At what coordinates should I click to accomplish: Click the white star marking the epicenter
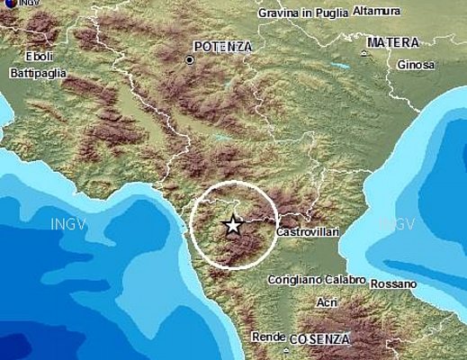click(x=232, y=225)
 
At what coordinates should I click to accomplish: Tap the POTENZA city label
click(x=222, y=46)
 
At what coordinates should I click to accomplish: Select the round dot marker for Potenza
click(x=190, y=60)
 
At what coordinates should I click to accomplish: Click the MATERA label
click(x=393, y=42)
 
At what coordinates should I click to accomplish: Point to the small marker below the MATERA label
click(x=364, y=54)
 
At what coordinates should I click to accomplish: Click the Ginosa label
click(x=416, y=65)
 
